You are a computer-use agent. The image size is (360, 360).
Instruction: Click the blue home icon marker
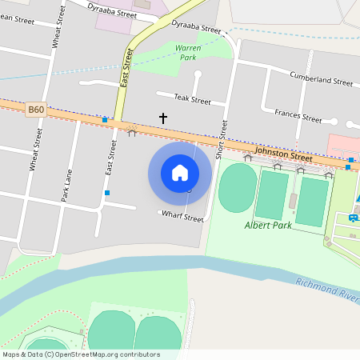(x=180, y=172)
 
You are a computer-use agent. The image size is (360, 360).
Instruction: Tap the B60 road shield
(x=35, y=110)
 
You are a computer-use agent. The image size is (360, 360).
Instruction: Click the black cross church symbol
(x=163, y=118)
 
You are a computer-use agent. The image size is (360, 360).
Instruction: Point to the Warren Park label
(x=187, y=53)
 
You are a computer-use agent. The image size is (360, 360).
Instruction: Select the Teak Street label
(x=193, y=101)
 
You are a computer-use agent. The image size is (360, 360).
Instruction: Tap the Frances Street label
(x=298, y=118)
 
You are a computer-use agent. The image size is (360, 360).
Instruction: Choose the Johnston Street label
(x=282, y=154)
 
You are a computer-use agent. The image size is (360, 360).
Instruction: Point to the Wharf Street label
(x=182, y=215)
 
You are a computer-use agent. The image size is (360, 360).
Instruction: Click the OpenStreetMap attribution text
(x=81, y=354)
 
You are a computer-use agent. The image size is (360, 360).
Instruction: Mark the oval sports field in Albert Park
(x=238, y=187)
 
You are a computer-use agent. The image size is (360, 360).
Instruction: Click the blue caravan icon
(x=354, y=218)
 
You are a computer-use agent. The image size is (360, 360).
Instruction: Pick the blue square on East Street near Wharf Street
(x=107, y=193)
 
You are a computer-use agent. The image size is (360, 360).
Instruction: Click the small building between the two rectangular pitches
(x=293, y=201)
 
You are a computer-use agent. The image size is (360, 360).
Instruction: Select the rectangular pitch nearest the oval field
(x=272, y=195)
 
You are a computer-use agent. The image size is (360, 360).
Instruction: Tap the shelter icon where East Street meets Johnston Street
(x=132, y=131)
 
